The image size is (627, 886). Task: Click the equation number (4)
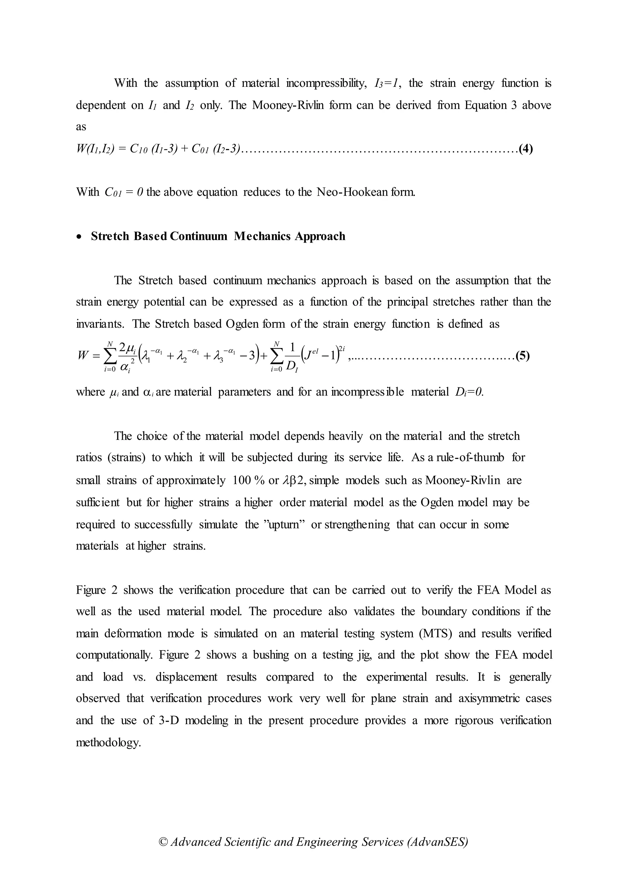click(x=526, y=149)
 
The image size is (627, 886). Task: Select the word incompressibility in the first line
click(x=326, y=83)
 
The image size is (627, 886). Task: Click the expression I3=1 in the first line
click(x=386, y=83)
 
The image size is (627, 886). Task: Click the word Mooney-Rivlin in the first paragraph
click(x=287, y=105)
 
